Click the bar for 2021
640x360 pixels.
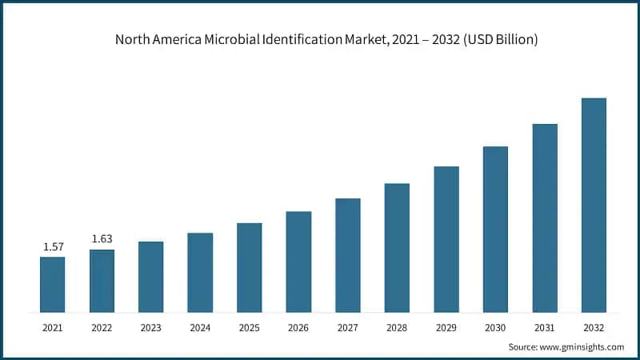click(52, 284)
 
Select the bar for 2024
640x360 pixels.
click(200, 272)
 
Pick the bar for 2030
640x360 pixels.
click(495, 229)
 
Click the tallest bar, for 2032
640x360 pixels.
click(594, 205)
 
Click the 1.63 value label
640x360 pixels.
click(102, 238)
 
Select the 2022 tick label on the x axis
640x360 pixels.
click(102, 327)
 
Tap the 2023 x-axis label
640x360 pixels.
click(150, 327)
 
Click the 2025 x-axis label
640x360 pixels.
click(250, 327)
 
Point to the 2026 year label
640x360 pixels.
click(298, 327)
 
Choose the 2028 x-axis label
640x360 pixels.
click(397, 327)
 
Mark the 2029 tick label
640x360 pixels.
click(446, 327)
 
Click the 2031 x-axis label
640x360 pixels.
click(545, 327)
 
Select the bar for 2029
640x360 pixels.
click(446, 239)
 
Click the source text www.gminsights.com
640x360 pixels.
click(583, 346)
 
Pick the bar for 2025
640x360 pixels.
click(250, 267)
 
